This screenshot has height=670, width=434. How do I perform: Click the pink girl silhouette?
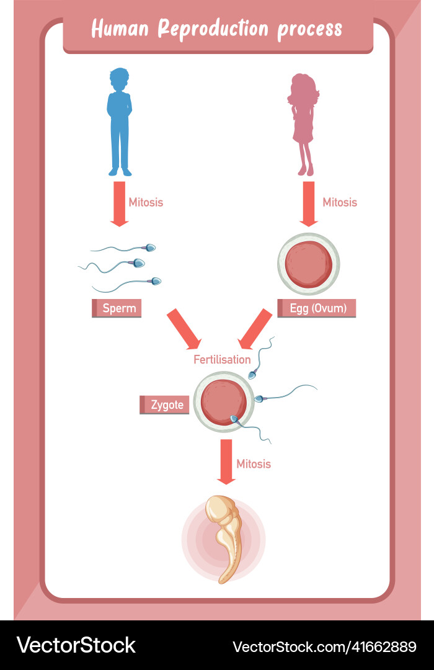[x=304, y=124]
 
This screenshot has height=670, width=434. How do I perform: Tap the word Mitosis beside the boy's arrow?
[x=146, y=202]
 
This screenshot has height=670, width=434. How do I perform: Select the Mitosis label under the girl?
[x=340, y=202]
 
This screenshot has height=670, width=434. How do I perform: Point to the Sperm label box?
[x=118, y=308]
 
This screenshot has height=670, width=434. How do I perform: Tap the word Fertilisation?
[x=222, y=359]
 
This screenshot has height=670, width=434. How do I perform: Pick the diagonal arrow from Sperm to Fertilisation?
[x=184, y=328]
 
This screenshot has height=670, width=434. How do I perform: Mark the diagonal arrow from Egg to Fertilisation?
[x=255, y=328]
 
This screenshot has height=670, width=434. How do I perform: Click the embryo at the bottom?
[x=224, y=537]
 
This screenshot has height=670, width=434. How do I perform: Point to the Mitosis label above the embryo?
[x=254, y=464]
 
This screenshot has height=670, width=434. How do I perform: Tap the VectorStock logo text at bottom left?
[x=76, y=645]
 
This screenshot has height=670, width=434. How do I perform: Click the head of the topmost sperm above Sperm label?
[x=149, y=248]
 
